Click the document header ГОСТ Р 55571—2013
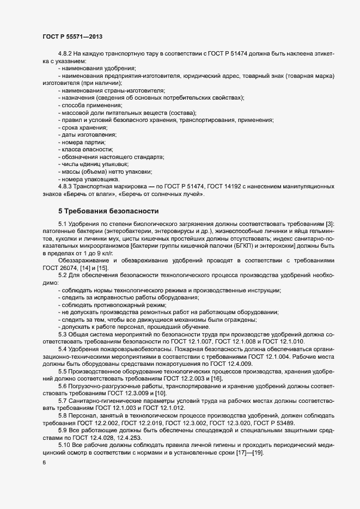coord(72,36)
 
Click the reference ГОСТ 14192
coord(224,186)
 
